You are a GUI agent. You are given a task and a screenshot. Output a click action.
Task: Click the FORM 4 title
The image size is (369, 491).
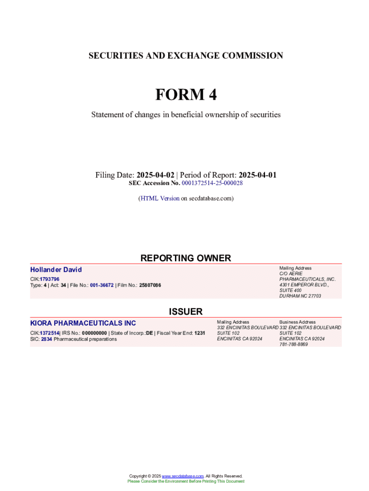(x=185, y=95)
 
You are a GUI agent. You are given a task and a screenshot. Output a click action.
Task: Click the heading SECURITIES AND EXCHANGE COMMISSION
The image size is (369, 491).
(x=185, y=56)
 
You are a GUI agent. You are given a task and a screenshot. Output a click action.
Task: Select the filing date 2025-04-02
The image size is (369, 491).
(x=155, y=175)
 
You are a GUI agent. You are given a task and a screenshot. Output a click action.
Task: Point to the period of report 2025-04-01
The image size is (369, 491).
(x=257, y=175)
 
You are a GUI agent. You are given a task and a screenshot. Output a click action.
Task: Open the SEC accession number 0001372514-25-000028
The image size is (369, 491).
(x=212, y=183)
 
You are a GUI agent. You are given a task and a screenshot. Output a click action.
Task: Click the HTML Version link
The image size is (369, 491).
(x=160, y=198)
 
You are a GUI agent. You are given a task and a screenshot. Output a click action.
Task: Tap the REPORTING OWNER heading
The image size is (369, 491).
(x=185, y=258)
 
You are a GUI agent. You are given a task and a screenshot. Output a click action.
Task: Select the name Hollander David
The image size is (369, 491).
(x=56, y=270)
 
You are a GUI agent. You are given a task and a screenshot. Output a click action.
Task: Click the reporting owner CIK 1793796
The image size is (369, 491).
(x=49, y=279)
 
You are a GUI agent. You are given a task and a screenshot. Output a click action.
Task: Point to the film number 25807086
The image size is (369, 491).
(x=150, y=285)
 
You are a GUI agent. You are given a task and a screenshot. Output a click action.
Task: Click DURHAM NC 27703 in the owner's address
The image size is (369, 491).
(x=300, y=296)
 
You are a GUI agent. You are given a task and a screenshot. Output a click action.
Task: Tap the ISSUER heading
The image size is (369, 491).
(x=185, y=312)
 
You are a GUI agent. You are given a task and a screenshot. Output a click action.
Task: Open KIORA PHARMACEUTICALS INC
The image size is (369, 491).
(x=83, y=323)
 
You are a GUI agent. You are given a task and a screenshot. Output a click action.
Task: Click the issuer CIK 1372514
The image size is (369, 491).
(x=49, y=333)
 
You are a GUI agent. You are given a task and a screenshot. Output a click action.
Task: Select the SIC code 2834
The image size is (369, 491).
(x=46, y=339)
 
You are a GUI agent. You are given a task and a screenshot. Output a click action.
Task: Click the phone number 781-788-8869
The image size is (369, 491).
(x=293, y=344)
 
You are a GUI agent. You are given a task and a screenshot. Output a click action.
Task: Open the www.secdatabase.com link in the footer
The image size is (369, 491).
(x=183, y=476)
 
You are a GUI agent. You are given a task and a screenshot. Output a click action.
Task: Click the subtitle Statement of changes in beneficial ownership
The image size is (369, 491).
(x=185, y=115)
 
